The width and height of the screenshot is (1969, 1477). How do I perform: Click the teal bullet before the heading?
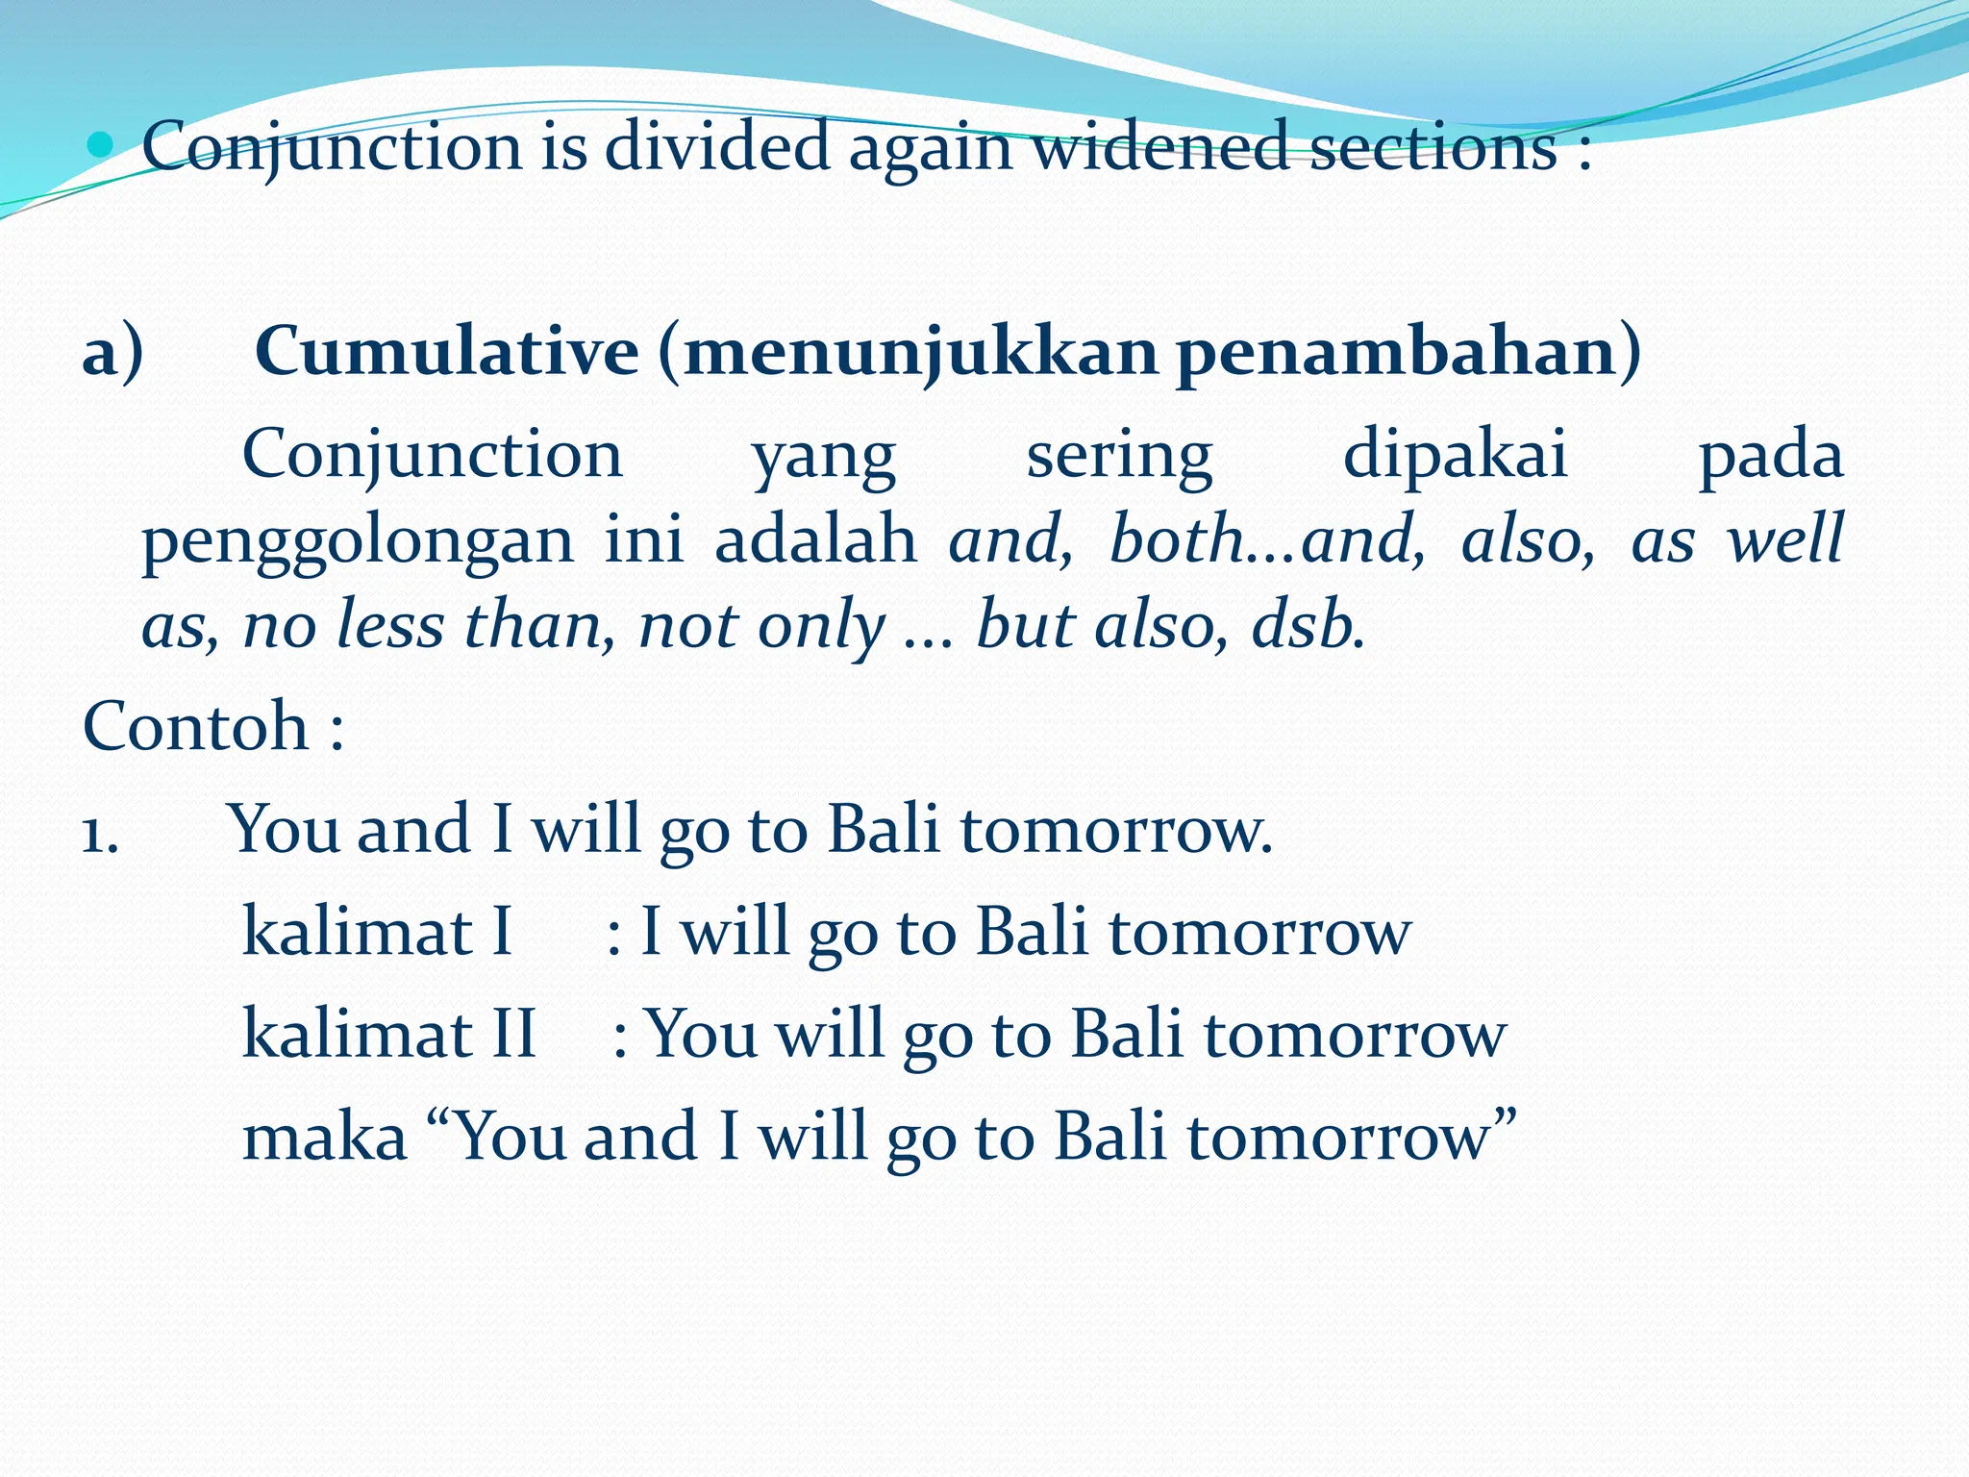tap(99, 146)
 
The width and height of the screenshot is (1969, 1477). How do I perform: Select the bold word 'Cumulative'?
tap(447, 351)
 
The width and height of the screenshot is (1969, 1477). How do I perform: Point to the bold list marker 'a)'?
tap(112, 353)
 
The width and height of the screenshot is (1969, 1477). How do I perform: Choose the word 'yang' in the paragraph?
tap(824, 457)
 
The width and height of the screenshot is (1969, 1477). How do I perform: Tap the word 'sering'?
tap(1119, 457)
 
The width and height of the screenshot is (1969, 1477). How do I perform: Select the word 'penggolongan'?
tap(358, 541)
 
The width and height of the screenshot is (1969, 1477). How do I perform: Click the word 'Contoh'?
tap(195, 726)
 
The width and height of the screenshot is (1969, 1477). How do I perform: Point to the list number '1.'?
tap(100, 833)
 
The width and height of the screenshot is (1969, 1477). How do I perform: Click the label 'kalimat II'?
tap(388, 1035)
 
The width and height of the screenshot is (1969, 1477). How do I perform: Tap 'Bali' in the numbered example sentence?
tap(884, 829)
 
